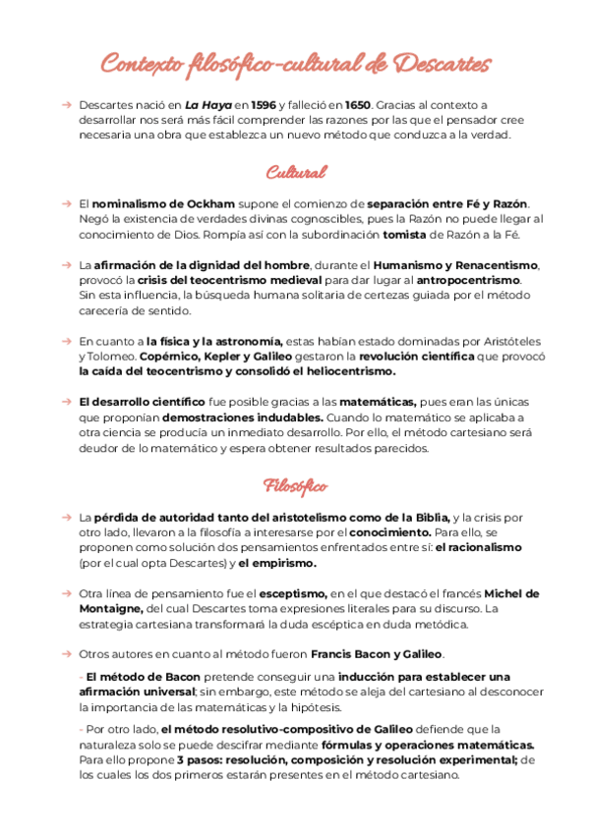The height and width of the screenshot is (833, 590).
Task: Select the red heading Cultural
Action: (x=295, y=173)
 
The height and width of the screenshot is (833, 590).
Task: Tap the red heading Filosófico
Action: (x=295, y=486)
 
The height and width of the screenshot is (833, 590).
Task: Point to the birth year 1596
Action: (x=263, y=104)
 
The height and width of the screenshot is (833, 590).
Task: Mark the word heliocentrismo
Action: (x=341, y=372)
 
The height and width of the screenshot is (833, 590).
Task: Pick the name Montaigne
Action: (x=115, y=609)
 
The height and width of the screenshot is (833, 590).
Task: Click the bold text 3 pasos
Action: (x=200, y=760)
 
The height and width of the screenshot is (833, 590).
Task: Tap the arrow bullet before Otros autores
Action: (x=65, y=654)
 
